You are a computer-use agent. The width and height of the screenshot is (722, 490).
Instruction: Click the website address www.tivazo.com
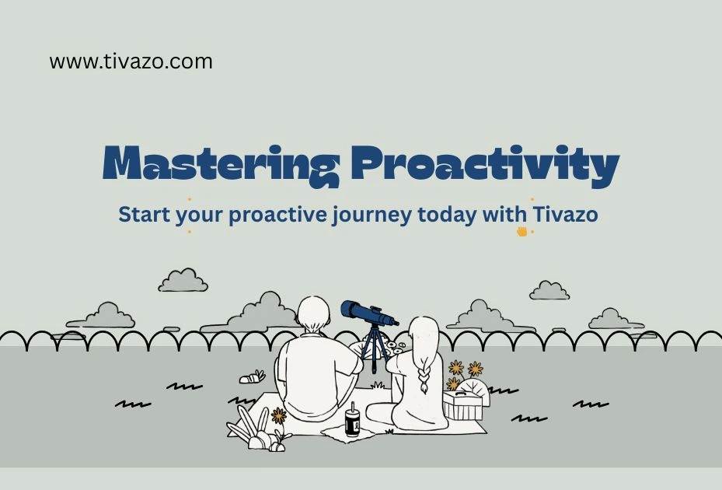pos(131,61)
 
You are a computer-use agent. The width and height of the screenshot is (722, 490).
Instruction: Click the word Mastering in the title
pos(221,164)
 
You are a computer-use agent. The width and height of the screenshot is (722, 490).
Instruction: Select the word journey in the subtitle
pos(369,214)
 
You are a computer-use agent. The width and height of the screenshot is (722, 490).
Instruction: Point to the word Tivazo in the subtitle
pos(565,214)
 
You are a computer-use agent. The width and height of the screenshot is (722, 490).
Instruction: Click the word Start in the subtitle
pos(144,214)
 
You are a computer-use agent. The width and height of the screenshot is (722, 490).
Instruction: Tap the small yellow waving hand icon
pos(521,231)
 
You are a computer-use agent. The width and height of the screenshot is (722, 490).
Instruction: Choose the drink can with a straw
pos(352,423)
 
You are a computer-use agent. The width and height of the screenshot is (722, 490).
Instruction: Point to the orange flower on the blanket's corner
pos(278,415)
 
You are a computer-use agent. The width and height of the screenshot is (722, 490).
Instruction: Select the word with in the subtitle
pos(507,214)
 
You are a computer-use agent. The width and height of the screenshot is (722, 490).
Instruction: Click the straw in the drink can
pos(352,408)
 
